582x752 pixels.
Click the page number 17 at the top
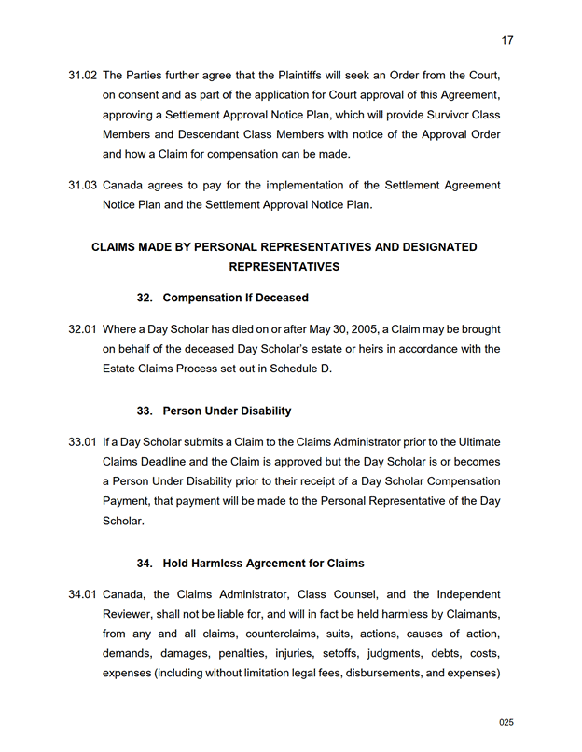tap(507, 40)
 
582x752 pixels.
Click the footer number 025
tap(506, 722)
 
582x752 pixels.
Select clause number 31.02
tap(82, 75)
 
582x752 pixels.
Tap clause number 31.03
tap(82, 186)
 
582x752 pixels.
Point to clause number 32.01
tap(82, 329)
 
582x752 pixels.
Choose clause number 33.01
tap(82, 442)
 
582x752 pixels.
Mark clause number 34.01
tap(82, 594)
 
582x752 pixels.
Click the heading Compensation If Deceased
tap(235, 298)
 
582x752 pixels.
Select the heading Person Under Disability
tap(227, 411)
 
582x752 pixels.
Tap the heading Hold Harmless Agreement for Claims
tap(263, 564)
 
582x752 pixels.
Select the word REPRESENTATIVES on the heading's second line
tap(284, 267)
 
